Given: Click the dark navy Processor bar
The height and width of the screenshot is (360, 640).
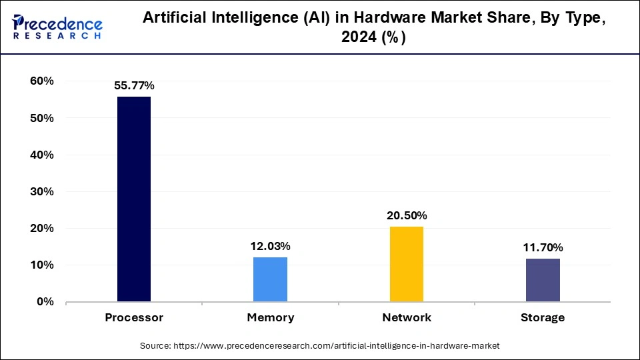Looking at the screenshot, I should [x=134, y=199].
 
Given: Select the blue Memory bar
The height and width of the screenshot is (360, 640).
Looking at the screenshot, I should [x=270, y=279].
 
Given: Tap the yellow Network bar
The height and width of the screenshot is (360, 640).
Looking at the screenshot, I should [x=406, y=264].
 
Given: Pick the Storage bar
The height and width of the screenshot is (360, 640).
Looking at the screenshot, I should [x=543, y=280].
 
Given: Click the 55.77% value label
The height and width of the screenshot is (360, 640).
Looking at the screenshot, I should [x=134, y=85].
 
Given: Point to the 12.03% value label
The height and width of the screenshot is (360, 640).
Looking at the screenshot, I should [x=270, y=246].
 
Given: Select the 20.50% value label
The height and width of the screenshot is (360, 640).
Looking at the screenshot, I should [x=406, y=215].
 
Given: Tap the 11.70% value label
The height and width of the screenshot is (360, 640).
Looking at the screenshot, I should [x=543, y=247].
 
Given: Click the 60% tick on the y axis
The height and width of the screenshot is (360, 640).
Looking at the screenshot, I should [x=41, y=81].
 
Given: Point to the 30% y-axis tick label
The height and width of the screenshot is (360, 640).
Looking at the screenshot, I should [x=41, y=191].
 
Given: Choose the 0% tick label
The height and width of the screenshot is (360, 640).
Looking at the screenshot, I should [x=45, y=301].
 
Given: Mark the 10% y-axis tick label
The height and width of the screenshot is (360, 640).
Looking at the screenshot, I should [x=41, y=265].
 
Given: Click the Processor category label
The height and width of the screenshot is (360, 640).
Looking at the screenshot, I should [x=134, y=317].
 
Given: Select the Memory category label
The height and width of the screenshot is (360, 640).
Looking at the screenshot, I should [x=270, y=317].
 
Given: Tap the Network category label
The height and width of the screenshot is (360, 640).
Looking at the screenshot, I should [x=407, y=317].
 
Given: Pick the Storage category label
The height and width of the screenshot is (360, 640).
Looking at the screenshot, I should [x=543, y=317].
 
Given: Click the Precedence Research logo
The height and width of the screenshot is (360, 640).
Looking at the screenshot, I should [x=57, y=26].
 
